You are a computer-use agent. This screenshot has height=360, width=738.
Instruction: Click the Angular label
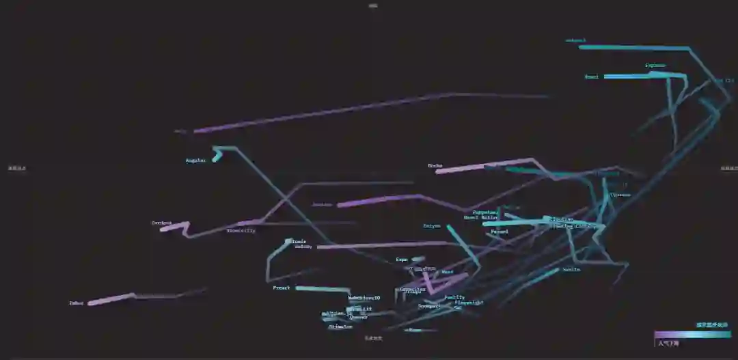coord(195,161)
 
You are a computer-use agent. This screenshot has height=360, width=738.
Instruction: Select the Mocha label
coord(435,165)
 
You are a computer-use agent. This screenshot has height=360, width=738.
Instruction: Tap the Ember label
coord(76,303)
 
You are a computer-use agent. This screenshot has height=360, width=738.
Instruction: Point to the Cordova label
coord(161,223)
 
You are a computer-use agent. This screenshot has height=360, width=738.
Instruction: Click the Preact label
coord(282,288)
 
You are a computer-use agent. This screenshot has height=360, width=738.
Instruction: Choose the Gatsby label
coord(303,247)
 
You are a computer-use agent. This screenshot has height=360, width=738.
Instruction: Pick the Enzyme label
coord(432,225)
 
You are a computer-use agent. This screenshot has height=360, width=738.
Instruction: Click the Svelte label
coord(572,269)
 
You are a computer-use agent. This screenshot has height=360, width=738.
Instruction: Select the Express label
coord(655,66)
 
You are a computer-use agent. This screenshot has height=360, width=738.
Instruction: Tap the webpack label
coord(576,40)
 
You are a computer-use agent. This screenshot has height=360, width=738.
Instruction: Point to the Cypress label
coord(620,195)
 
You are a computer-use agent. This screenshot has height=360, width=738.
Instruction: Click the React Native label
coord(481,218)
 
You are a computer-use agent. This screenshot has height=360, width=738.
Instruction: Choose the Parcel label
coord(500,232)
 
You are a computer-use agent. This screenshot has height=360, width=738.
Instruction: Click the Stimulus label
coord(340,327)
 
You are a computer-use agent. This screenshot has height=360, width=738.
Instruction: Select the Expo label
coord(402,260)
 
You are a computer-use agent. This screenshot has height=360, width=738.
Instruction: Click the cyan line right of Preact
coord(321,290)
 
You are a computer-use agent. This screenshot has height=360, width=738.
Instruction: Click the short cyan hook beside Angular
coord(217,156)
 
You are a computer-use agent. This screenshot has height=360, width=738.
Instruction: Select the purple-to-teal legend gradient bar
coord(692,335)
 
